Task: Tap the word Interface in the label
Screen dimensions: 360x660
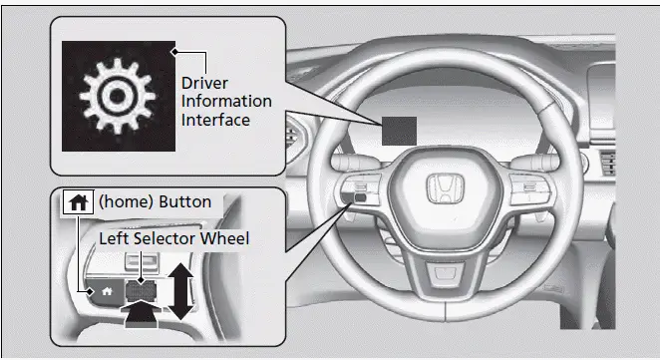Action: pos(216,120)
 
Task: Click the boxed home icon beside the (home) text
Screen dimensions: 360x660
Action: pos(76,202)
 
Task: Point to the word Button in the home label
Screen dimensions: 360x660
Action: pos(185,202)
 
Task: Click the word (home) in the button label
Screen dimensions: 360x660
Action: pos(118,202)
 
